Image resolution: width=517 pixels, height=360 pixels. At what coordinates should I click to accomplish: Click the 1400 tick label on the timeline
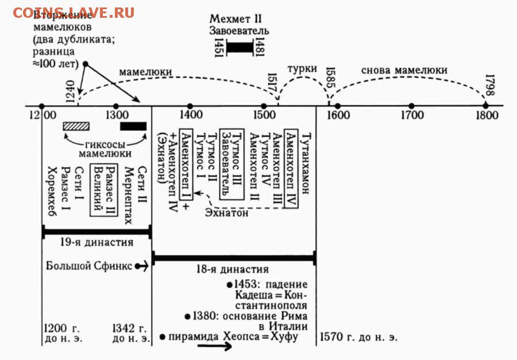[191, 115]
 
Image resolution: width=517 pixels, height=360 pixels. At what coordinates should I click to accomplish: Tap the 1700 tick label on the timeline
[412, 115]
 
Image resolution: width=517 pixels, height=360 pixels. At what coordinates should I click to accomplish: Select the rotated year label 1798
[491, 85]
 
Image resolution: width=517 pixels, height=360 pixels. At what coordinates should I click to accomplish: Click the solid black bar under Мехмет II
[240, 47]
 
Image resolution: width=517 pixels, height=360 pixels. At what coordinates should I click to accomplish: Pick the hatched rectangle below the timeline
[76, 126]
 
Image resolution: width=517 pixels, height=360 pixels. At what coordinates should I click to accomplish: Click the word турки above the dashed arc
[302, 69]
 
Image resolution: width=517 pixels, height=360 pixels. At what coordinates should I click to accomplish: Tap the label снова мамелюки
[404, 70]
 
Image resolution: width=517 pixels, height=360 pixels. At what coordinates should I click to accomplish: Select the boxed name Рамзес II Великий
[104, 190]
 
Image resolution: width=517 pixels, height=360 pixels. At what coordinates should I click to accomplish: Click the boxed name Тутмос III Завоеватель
[232, 164]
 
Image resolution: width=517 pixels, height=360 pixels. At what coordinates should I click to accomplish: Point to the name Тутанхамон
[306, 163]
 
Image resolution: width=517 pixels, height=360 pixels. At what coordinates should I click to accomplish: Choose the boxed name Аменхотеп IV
[291, 168]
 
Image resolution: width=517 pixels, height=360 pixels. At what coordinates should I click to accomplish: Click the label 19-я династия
[97, 242]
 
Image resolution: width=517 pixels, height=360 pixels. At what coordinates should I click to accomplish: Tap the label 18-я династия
[233, 269]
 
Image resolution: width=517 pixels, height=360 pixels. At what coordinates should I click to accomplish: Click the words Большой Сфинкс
[89, 265]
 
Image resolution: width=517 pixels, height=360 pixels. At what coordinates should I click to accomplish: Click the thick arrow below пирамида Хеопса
[214, 346]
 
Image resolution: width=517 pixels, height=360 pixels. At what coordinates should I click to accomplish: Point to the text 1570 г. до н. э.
[358, 337]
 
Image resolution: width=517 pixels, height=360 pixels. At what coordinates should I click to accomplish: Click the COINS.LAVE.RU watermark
[74, 13]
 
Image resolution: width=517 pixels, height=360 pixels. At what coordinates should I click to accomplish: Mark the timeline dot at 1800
[485, 106]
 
